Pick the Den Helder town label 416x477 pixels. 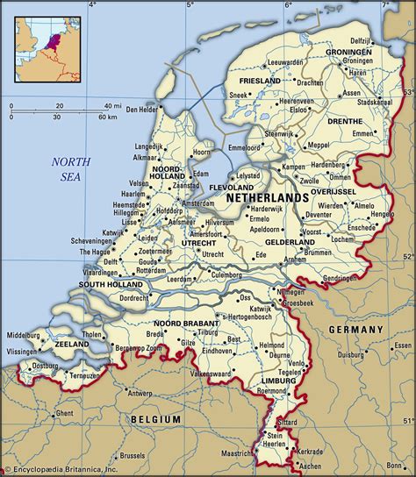pyautogui.click(x=144, y=110)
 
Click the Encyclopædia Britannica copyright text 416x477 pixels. pyautogui.click(x=60, y=469)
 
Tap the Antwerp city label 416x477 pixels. pyautogui.click(x=140, y=393)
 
